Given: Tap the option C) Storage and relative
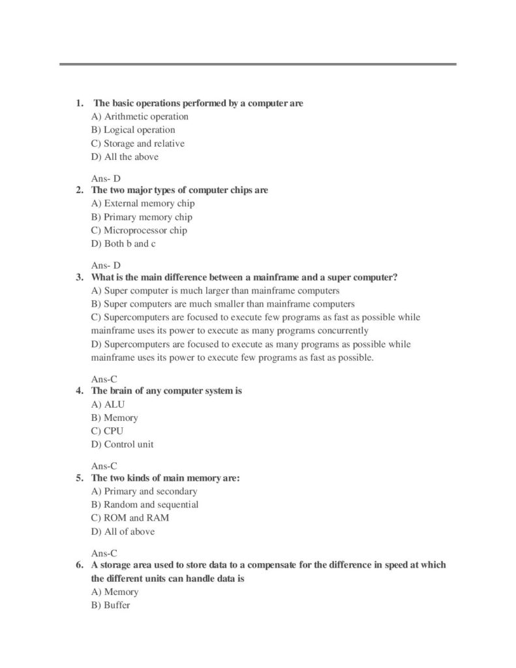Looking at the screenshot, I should coord(138,144).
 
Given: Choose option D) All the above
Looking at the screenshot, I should coord(125,157).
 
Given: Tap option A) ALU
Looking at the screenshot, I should coord(108,404).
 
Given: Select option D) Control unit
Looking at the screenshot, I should coord(123,445).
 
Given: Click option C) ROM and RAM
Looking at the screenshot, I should coord(130,518).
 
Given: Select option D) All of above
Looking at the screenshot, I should coord(123,532).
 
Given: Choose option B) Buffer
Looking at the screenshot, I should coord(111,605).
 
